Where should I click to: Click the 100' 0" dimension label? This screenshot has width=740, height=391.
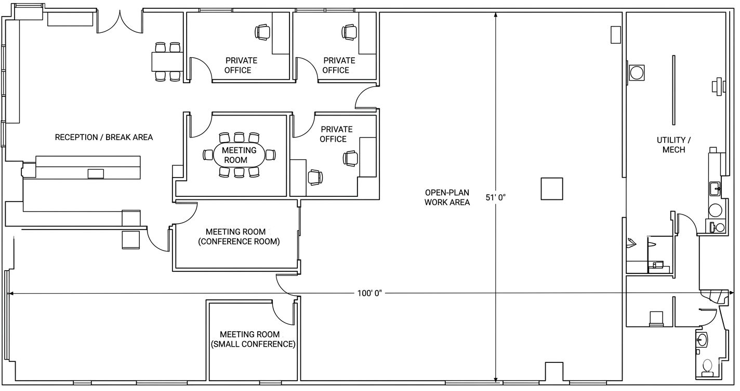pos(369,293)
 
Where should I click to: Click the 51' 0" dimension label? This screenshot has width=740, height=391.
pos(496,198)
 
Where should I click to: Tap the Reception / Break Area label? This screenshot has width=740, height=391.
pos(104,137)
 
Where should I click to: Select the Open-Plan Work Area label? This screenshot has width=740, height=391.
pos(447,197)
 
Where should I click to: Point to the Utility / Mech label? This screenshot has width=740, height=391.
pos(673,145)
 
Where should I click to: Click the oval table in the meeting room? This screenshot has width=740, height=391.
pos(239,155)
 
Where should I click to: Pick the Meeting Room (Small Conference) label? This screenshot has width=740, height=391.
pos(253,339)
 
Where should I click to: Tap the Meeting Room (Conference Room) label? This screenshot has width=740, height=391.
pos(239,237)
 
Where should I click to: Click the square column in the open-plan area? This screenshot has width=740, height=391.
pos(552,188)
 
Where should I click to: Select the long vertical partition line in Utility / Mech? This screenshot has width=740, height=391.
pos(673,90)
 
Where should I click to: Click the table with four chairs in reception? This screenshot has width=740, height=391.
pos(167,61)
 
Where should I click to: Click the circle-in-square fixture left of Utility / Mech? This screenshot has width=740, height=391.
pos(637,73)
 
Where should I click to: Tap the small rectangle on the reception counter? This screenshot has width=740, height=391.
pos(96,173)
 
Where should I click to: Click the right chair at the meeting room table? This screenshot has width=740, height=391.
pos(271,155)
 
